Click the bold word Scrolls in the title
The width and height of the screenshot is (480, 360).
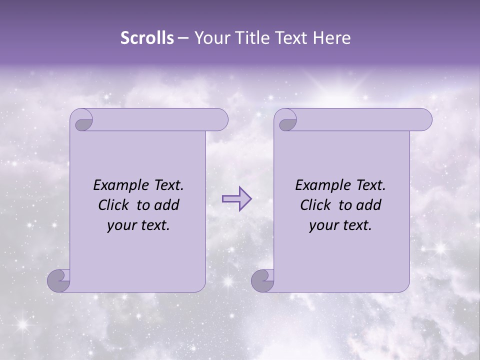(147, 38)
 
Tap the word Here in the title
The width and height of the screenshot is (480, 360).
(331, 38)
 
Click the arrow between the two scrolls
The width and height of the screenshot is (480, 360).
(237, 199)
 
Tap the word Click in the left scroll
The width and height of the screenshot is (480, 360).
(114, 205)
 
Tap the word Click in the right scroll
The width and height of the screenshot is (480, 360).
(316, 205)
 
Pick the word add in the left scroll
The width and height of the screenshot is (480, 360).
(168, 205)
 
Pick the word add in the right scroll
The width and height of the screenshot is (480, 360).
(370, 205)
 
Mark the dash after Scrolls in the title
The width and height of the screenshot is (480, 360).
(183, 38)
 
